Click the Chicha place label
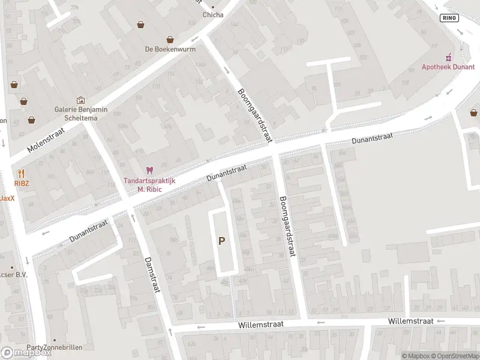(x=213, y=15)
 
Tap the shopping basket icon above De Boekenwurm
(x=170, y=40)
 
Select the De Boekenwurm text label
(x=170, y=49)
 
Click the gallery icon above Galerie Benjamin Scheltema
(x=80, y=100)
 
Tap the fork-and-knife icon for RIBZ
(x=22, y=174)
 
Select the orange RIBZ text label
(x=22, y=183)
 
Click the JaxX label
(x=7, y=198)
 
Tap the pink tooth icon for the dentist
(x=149, y=171)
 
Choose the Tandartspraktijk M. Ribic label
(x=149, y=185)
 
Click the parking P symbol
(x=221, y=241)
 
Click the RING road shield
(x=449, y=17)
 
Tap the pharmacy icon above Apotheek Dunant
(x=448, y=58)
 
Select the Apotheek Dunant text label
(x=448, y=67)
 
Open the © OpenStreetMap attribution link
(x=454, y=356)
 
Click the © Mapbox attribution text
(x=415, y=356)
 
